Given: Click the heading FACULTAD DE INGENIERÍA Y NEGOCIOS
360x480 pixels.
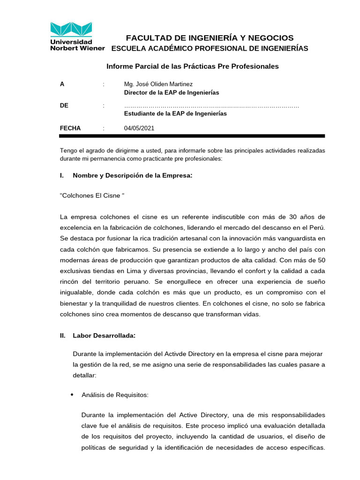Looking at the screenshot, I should click(210, 38).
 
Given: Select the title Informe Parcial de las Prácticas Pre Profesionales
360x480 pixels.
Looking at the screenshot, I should click(192, 67).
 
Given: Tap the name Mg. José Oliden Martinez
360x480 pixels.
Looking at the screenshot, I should click(158, 84).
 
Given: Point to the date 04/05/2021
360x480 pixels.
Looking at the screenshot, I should click(139, 128).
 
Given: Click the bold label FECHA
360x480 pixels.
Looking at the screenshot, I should click(70, 128).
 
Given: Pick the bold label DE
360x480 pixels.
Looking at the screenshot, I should click(64, 106).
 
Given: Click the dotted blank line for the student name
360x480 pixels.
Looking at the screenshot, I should click(211, 106).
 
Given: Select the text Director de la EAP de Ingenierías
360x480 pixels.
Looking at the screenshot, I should click(171, 93).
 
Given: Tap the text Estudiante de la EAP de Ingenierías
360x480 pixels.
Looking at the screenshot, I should click(175, 114).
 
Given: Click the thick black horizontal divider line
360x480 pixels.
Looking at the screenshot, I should click(192, 136).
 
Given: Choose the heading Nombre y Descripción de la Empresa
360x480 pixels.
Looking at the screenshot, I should click(133, 176).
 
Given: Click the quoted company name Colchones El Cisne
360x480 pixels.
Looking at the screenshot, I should click(92, 195).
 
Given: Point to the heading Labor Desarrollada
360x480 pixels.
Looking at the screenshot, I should click(104, 336).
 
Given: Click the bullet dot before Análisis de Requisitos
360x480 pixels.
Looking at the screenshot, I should click(72, 395).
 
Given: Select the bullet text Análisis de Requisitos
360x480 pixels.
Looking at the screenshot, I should click(115, 395).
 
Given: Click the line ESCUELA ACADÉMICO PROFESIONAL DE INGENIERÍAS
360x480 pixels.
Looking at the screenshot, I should click(210, 49).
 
